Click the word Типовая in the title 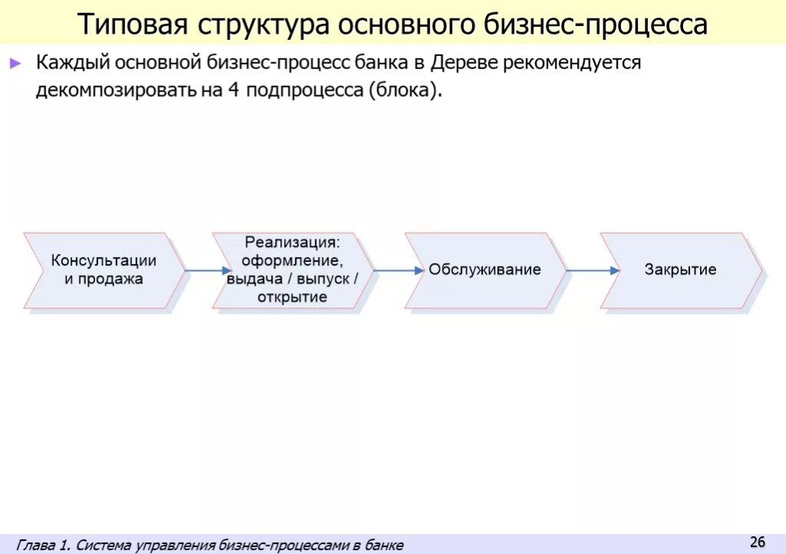132,24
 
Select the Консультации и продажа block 104,270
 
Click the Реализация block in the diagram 292,270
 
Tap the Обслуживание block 484,270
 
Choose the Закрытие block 680,270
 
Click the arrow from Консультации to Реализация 206,270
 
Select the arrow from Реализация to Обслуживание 399,270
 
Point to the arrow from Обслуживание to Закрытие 593,270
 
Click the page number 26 758,542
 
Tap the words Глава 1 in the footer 43,546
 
